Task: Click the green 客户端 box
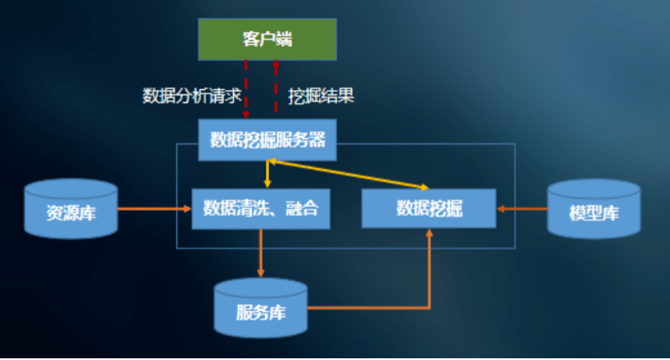(267, 39)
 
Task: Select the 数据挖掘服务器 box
(267, 140)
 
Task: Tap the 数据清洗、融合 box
(260, 208)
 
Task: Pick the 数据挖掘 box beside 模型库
(429, 208)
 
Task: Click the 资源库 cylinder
(71, 208)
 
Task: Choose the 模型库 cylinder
(594, 208)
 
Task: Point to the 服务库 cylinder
(260, 308)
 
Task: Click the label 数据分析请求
(192, 96)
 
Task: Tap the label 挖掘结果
(321, 96)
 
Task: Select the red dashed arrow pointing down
(246, 89)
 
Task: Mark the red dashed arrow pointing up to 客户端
(276, 87)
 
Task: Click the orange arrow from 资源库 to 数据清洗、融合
(155, 208)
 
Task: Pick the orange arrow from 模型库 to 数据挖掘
(522, 208)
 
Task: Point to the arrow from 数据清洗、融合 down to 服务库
(260, 253)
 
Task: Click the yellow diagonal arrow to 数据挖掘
(348, 174)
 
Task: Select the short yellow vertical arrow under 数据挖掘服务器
(267, 174)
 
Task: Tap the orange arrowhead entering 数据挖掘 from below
(429, 232)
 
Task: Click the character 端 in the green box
(284, 39)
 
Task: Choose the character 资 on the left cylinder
(54, 213)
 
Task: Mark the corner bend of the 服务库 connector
(429, 308)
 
